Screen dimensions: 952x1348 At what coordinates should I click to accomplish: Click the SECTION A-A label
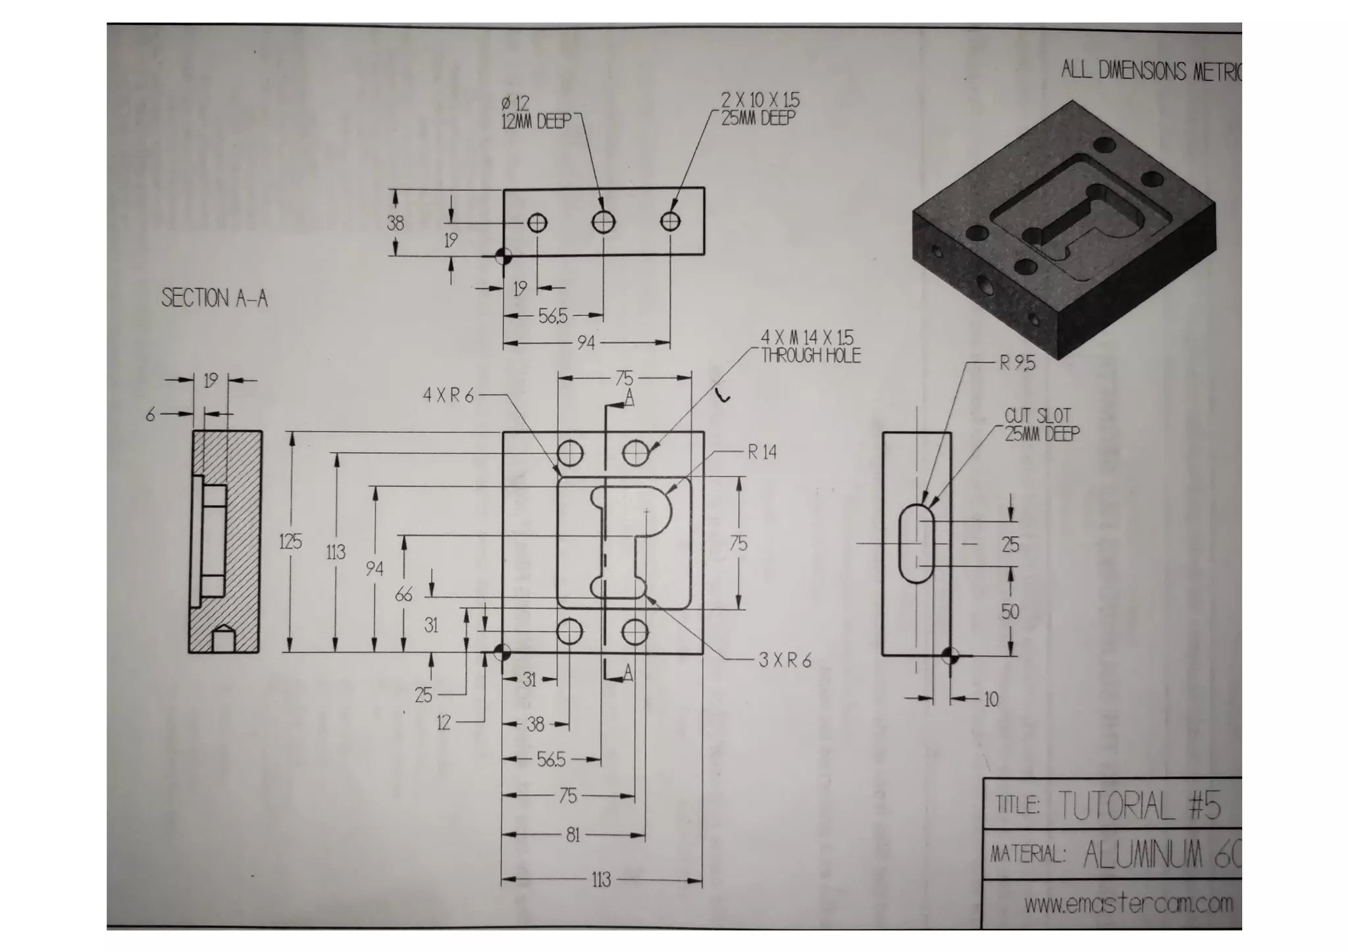coord(215,298)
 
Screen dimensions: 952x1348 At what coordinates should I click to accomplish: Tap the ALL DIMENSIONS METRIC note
coord(1151,71)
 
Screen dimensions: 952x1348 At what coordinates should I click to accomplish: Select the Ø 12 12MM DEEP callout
coord(536,113)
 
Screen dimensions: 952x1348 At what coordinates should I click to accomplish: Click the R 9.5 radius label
coord(1017,363)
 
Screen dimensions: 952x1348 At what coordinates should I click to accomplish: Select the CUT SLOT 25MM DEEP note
coord(1041,424)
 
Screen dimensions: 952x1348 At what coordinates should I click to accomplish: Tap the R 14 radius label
coord(762,452)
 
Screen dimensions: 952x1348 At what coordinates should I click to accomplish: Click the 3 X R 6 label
coord(785,660)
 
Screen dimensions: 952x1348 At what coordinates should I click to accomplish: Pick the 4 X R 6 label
coord(448,395)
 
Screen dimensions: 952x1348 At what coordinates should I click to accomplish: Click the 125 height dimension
coord(290,541)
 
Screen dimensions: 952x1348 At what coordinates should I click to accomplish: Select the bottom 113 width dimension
coord(601,880)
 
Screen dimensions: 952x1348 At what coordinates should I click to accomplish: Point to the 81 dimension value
coord(573,835)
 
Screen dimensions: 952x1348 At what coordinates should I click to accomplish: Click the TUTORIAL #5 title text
coord(1139,805)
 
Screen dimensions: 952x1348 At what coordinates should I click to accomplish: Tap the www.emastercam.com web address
coord(1128,903)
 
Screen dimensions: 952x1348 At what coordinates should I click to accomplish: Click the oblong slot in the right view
coord(916,543)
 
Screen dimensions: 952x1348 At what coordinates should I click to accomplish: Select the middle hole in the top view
coord(604,222)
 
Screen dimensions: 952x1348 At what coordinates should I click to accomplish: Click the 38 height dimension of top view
coord(395,223)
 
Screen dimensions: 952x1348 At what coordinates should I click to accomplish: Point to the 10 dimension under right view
coord(991,699)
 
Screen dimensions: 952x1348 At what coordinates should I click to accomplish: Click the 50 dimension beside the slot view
coord(1010,612)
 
